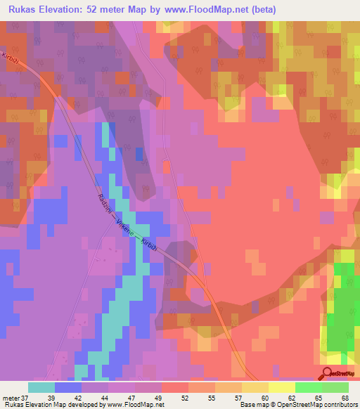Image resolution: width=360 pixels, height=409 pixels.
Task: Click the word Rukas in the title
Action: click(24, 10)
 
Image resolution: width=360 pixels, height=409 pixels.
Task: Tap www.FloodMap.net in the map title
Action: click(212, 10)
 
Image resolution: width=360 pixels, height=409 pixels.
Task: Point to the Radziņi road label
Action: click(103, 204)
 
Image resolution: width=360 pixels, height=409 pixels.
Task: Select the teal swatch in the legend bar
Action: click(41, 387)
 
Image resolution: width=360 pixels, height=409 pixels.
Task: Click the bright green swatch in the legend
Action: click(309, 387)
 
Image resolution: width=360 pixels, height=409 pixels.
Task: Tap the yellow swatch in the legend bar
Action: click(255, 387)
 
